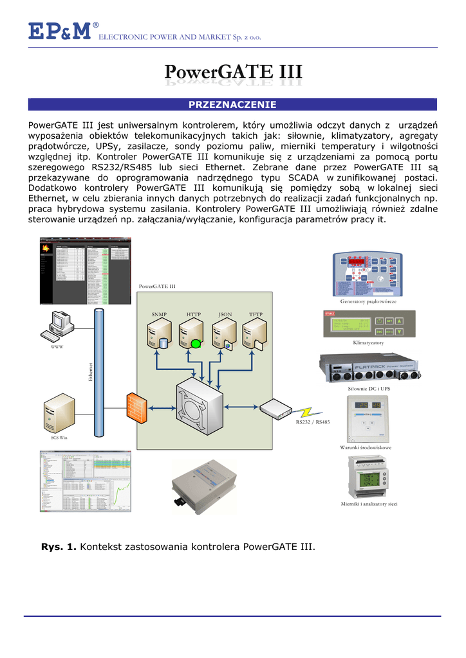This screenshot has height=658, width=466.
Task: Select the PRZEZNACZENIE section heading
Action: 232,104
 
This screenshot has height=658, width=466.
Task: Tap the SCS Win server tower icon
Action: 58,414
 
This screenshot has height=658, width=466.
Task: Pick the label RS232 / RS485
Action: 313,422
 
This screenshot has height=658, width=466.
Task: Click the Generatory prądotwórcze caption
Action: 368,301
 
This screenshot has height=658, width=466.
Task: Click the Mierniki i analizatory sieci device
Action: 368,476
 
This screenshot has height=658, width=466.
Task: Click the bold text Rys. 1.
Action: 59,547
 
